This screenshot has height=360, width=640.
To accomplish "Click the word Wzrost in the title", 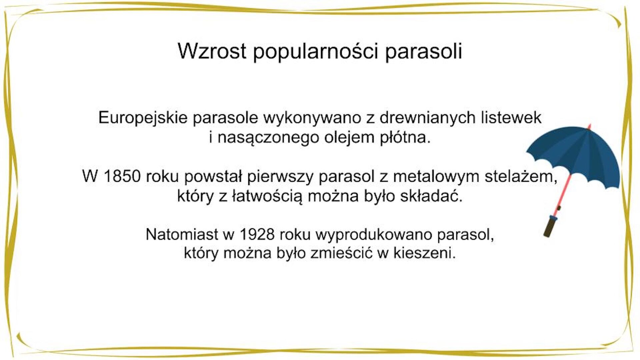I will tap(212, 51).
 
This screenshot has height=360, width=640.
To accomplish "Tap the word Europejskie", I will tap(143, 118).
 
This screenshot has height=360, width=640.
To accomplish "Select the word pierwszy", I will tap(280, 177).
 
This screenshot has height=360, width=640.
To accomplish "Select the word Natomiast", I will tap(182, 234).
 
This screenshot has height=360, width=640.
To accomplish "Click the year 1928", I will tap(257, 234).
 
